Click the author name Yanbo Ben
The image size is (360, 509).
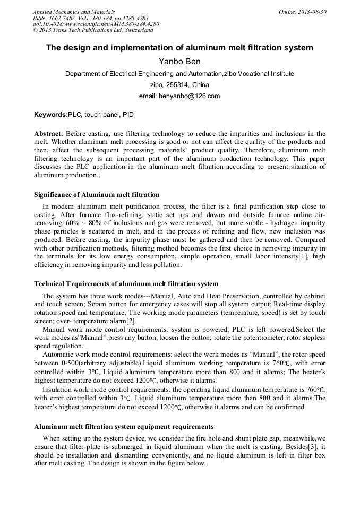[179, 62]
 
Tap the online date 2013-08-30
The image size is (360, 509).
[313, 12]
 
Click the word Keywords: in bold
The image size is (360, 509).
[51, 114]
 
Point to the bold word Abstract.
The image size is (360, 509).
[48, 134]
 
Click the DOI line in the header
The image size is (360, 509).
[96, 24]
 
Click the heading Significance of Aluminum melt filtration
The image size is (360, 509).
[97, 194]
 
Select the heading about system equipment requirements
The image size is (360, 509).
[124, 426]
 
